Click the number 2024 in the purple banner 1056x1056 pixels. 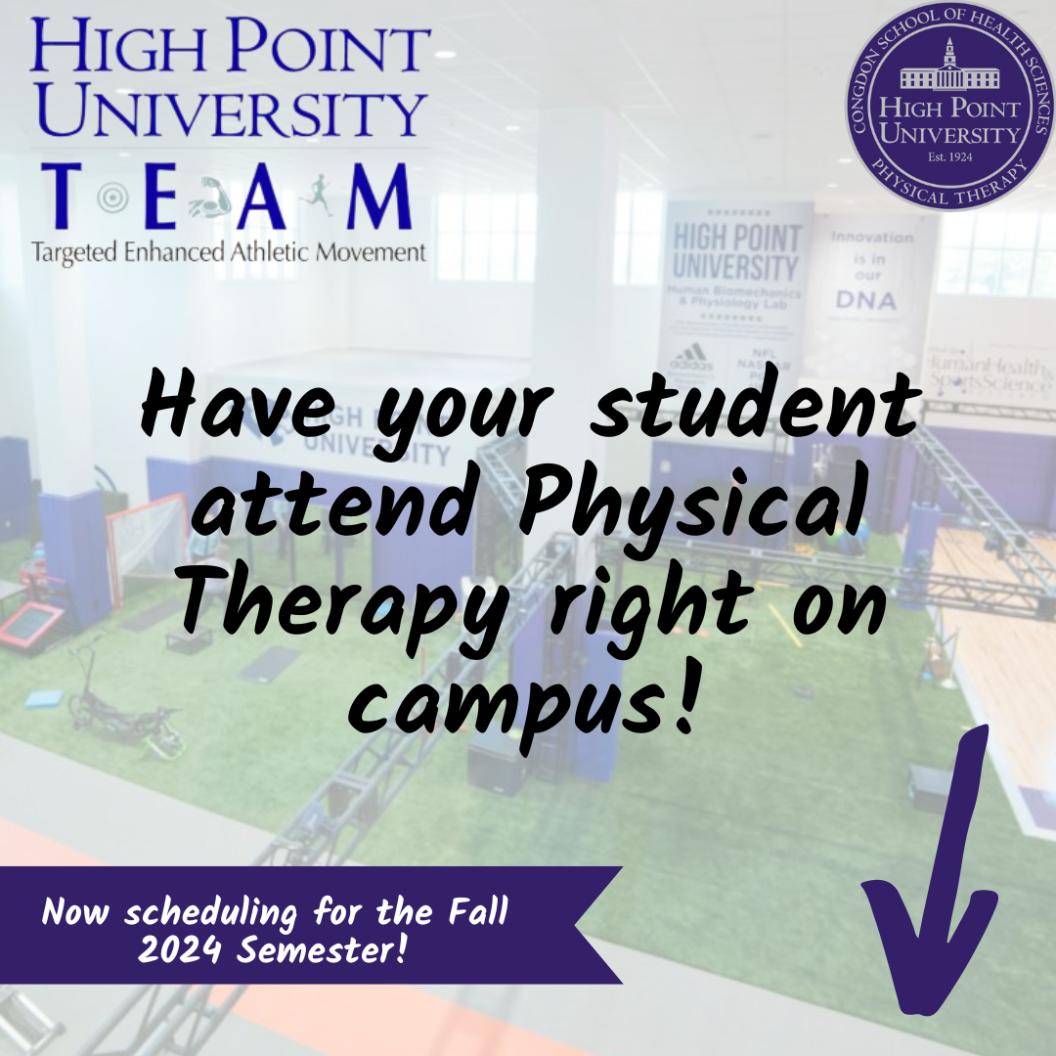[x=177, y=947]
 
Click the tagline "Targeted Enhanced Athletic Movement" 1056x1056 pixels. [x=229, y=252]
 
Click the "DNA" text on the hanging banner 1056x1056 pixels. [x=865, y=300]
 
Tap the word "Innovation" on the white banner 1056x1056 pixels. [x=871, y=237]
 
